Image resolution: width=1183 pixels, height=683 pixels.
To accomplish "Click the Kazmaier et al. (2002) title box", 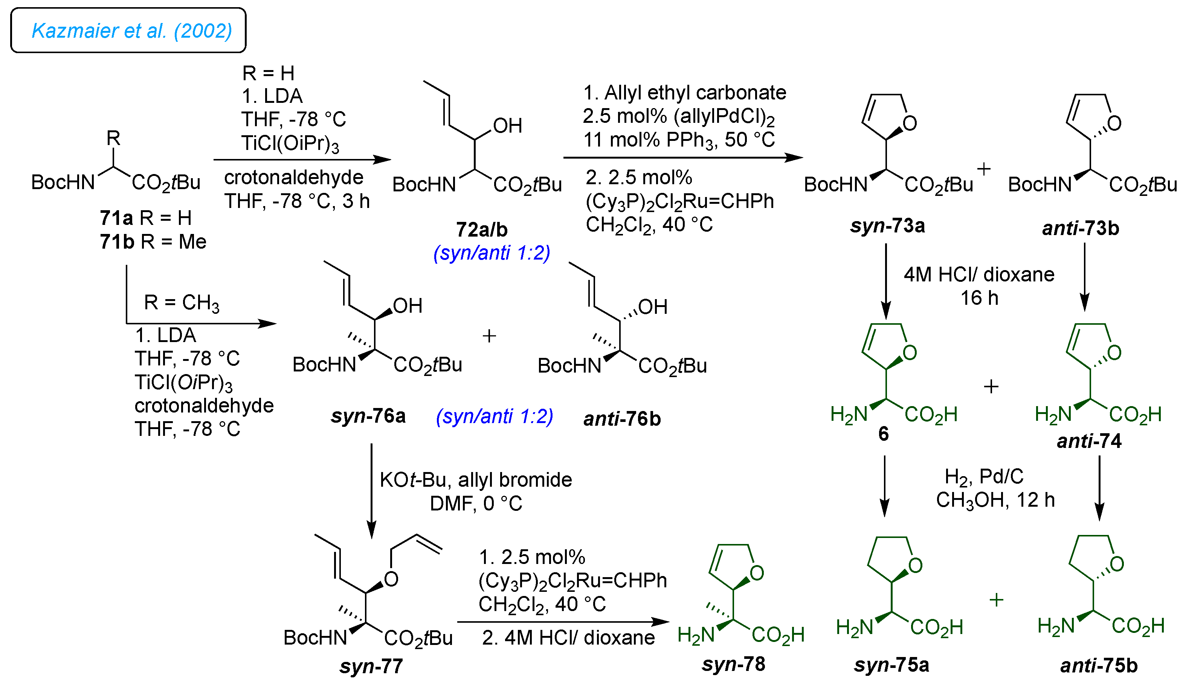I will (128, 31).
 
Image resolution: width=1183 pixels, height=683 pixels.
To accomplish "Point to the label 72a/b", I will (482, 230).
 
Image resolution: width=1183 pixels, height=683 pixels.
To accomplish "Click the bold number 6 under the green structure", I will (883, 434).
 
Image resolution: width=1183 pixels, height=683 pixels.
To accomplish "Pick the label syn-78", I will (733, 664).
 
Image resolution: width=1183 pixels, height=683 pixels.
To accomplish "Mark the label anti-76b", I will (622, 419).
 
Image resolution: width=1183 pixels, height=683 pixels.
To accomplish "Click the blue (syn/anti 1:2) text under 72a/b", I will (492, 253).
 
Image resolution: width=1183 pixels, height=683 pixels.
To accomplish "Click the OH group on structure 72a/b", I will (507, 126).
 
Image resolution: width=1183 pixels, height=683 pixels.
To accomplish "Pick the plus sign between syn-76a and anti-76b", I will (489, 336).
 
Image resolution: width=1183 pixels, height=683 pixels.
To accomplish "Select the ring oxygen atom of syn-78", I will (757, 573).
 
